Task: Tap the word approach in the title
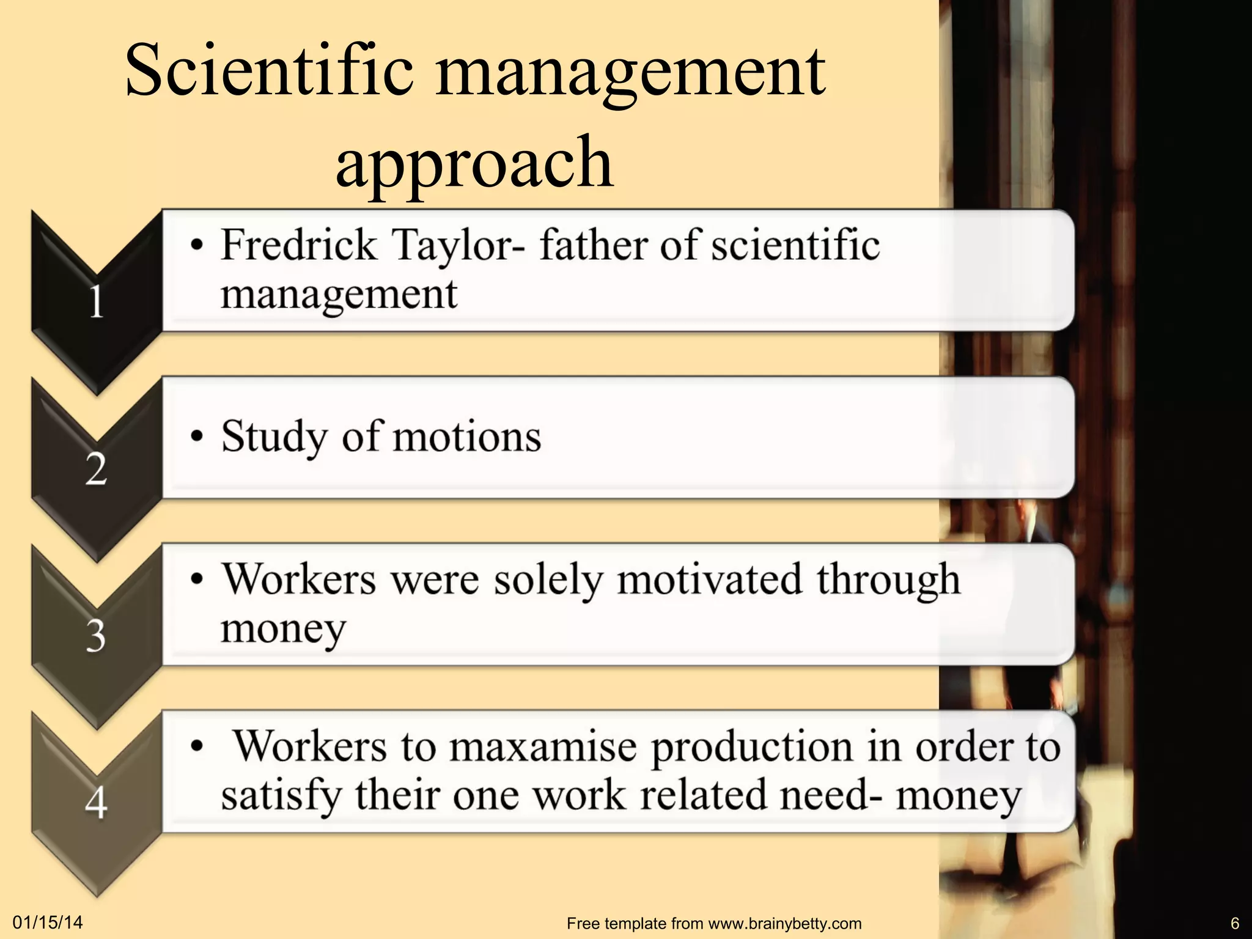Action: tap(474, 162)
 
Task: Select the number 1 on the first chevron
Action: tap(96, 302)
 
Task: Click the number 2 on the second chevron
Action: tap(96, 469)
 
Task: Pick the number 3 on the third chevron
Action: tap(96, 636)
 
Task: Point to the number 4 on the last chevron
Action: tap(96, 802)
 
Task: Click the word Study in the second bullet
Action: tap(274, 438)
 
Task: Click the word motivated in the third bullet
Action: tap(709, 580)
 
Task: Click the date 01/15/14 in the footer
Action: tap(48, 922)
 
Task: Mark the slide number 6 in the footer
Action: tap(1234, 923)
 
